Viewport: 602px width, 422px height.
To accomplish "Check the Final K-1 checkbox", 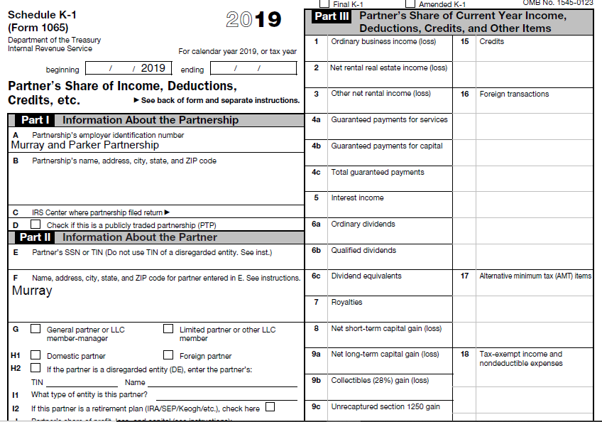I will coord(325,4).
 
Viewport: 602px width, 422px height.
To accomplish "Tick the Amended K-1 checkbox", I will coord(410,4).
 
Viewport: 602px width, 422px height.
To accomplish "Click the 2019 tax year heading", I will coord(253,20).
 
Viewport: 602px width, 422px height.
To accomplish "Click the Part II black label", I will coord(35,237).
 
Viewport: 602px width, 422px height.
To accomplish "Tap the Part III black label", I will coord(332,16).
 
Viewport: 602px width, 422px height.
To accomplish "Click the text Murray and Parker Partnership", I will coord(85,145).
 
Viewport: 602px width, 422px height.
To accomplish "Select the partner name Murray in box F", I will coord(32,291).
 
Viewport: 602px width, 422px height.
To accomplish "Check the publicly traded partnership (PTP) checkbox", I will coord(35,225).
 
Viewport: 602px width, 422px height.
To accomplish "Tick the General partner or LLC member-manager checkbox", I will coord(35,329).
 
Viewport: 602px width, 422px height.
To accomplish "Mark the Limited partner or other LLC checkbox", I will coord(168,329).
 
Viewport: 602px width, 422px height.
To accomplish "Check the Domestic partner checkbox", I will coord(35,355).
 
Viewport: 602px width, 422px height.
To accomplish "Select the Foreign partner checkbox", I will coord(168,355).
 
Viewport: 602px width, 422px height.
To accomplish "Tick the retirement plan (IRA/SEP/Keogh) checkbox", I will coord(270,407).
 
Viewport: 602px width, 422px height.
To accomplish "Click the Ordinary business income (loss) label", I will coord(383,41).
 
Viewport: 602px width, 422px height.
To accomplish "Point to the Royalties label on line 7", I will coord(346,302).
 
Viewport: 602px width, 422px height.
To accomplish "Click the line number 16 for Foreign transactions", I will coord(464,94).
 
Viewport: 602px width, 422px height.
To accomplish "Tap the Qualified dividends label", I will coord(363,250).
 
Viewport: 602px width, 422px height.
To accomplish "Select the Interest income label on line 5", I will coord(357,198).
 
